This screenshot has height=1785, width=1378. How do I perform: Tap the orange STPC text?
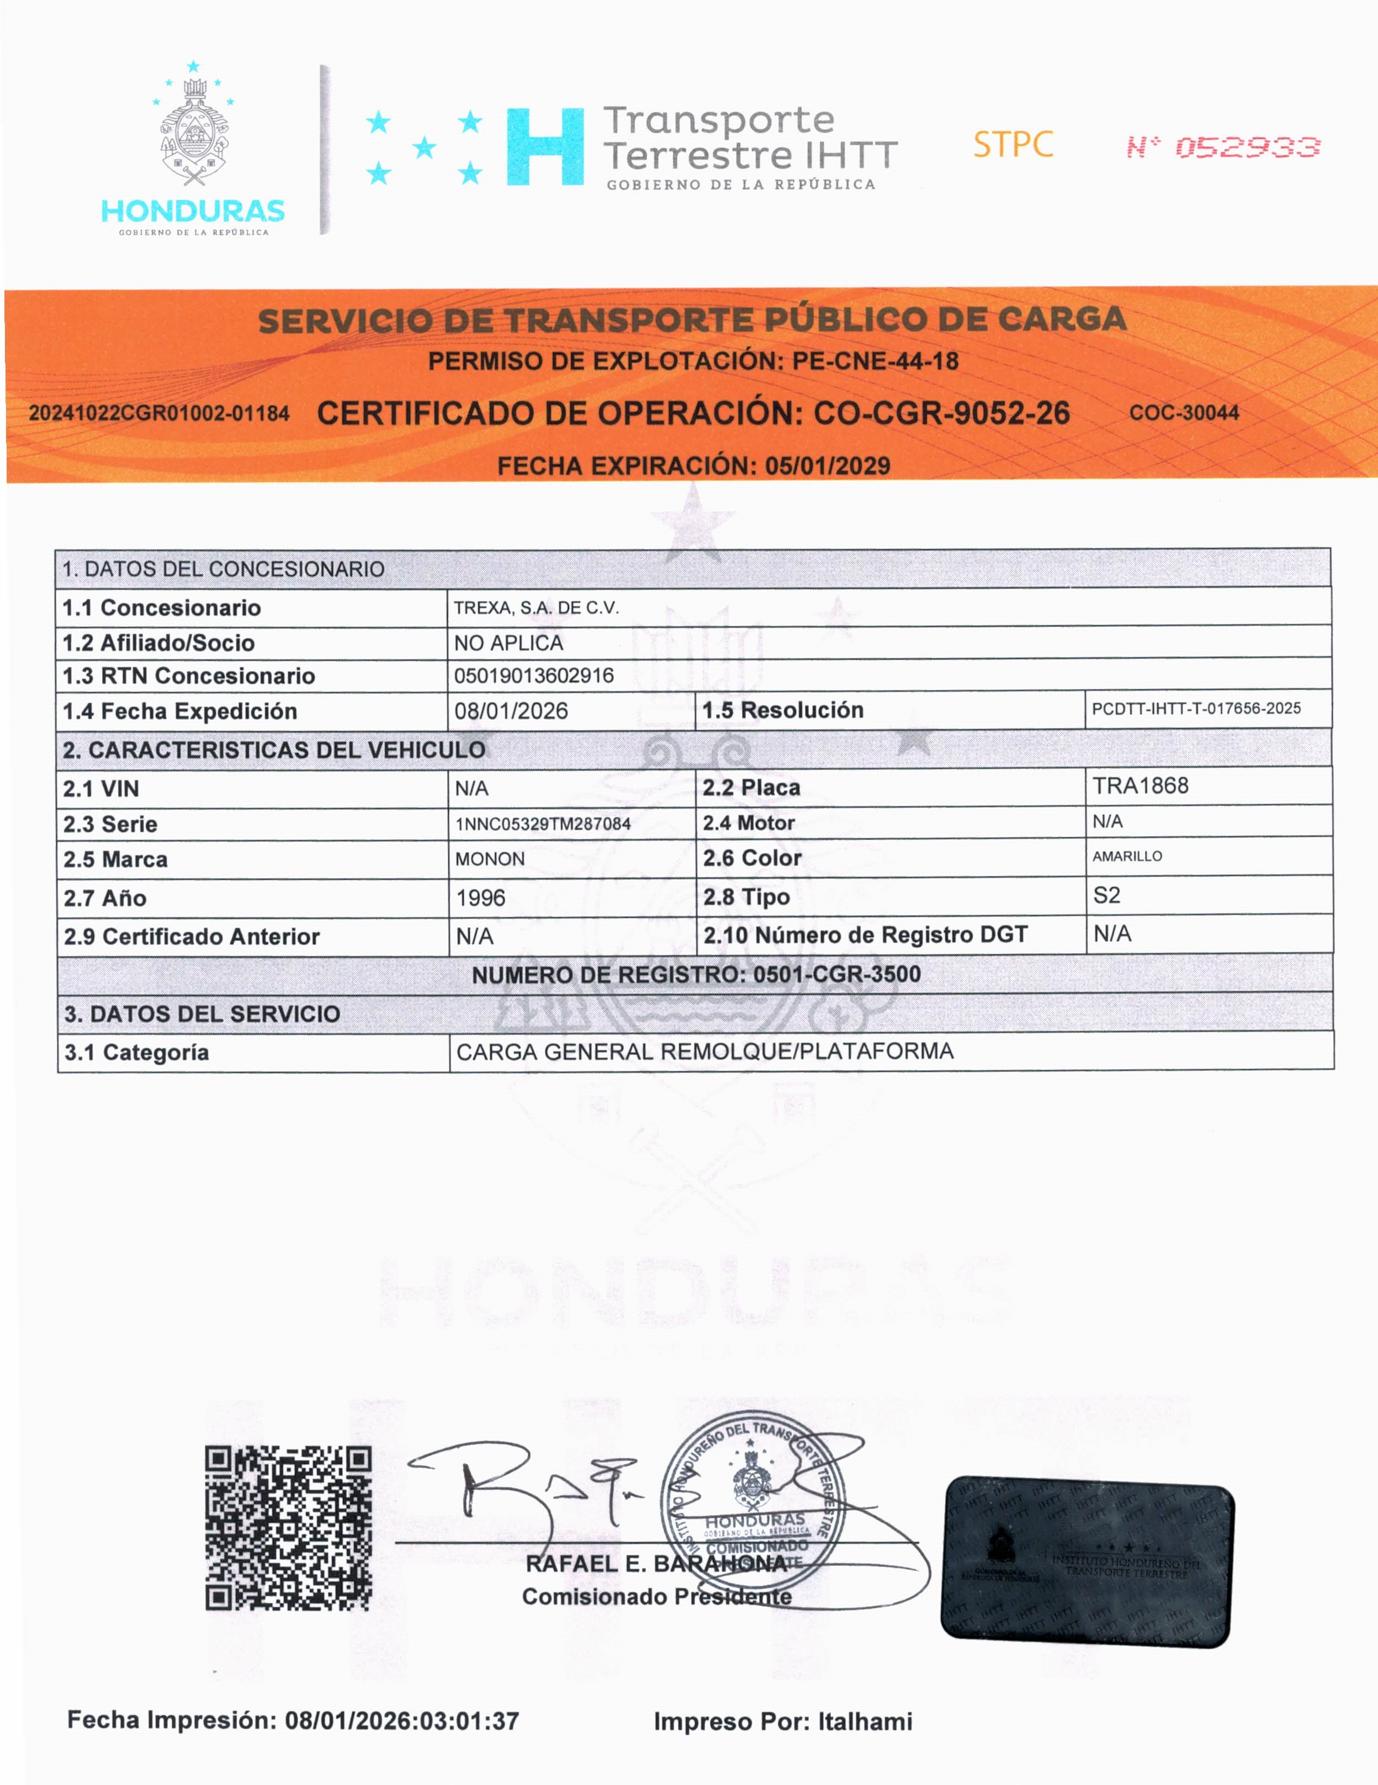click(x=1013, y=145)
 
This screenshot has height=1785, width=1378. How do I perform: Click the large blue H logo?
click(x=545, y=147)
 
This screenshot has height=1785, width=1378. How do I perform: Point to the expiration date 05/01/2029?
click(x=827, y=466)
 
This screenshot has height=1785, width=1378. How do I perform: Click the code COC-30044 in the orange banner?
click(x=1184, y=413)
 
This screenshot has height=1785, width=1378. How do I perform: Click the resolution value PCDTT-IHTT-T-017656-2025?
click(x=1196, y=709)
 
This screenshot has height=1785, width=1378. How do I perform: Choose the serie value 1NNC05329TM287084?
click(x=543, y=824)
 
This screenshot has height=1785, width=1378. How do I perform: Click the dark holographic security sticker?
click(x=1088, y=1561)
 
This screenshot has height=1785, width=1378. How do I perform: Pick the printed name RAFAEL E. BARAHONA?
click(x=656, y=1564)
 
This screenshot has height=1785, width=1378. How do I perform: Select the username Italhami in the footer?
click(x=865, y=1722)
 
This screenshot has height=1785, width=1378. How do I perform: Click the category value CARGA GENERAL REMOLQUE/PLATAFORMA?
click(x=704, y=1052)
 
